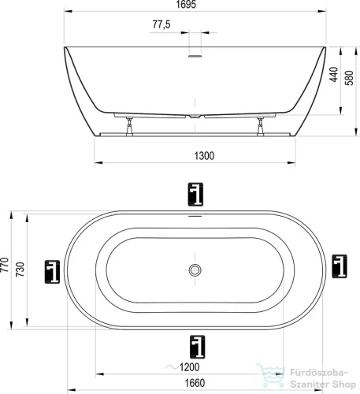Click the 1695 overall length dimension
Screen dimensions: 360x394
click(186, 5)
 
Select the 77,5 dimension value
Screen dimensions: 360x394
click(161, 24)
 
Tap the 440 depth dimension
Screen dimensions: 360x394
click(333, 74)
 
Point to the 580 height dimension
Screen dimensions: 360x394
click(350, 78)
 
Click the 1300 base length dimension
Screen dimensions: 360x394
click(204, 156)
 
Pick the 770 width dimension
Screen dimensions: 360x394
click(5, 265)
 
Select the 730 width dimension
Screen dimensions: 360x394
click(20, 269)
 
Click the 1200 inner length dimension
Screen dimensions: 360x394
click(189, 367)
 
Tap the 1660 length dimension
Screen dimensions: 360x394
click(195, 383)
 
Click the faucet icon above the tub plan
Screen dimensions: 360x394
click(195, 194)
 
